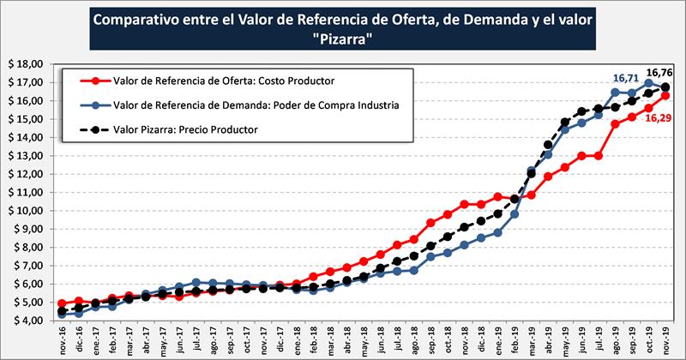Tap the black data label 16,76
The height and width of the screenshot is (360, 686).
pos(659,74)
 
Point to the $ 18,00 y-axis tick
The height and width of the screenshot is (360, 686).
pos(25,63)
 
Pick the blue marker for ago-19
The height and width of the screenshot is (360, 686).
pos(615,93)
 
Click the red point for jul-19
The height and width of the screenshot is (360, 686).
pos(599,155)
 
